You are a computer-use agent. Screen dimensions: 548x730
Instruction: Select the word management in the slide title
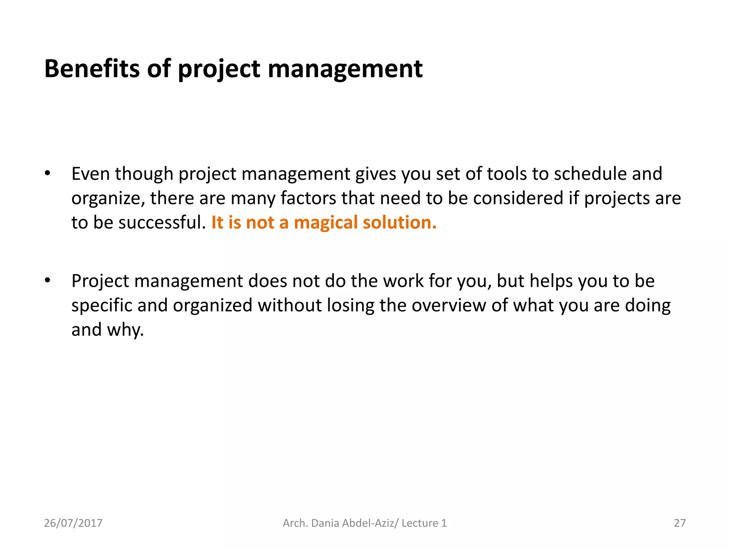345,69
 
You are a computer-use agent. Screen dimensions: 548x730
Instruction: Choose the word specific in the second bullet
102,306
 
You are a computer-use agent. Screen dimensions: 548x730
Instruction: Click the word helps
551,281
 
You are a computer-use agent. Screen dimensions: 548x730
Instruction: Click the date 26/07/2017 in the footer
73,523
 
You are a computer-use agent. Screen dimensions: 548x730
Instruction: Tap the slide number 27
679,523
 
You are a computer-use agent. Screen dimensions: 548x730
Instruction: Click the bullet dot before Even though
47,174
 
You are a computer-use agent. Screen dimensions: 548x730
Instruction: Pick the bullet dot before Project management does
47,281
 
